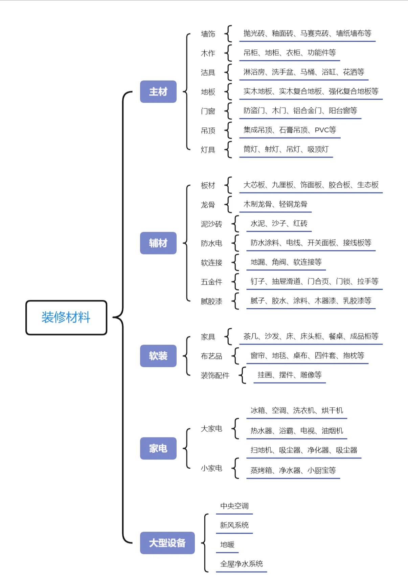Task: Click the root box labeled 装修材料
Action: click(x=66, y=317)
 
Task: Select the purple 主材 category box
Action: click(x=158, y=91)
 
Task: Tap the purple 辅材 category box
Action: click(x=158, y=243)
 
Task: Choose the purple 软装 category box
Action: click(x=158, y=356)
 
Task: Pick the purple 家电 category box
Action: click(x=158, y=449)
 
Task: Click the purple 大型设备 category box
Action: click(x=167, y=543)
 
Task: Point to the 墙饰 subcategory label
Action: click(x=208, y=34)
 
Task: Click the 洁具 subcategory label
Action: click(x=208, y=73)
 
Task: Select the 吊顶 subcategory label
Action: click(x=208, y=131)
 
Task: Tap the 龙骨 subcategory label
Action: click(x=208, y=205)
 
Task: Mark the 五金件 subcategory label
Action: click(x=211, y=282)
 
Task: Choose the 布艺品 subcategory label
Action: click(x=211, y=356)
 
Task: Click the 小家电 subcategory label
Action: click(x=211, y=468)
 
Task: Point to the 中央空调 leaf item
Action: click(x=234, y=506)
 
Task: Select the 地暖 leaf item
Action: click(x=227, y=544)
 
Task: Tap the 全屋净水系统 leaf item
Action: click(x=242, y=564)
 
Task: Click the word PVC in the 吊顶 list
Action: click(x=322, y=130)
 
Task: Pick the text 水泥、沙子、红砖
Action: click(x=279, y=223)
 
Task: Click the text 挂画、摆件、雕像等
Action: click(x=290, y=375)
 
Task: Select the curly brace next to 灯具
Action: click(x=228, y=149)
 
